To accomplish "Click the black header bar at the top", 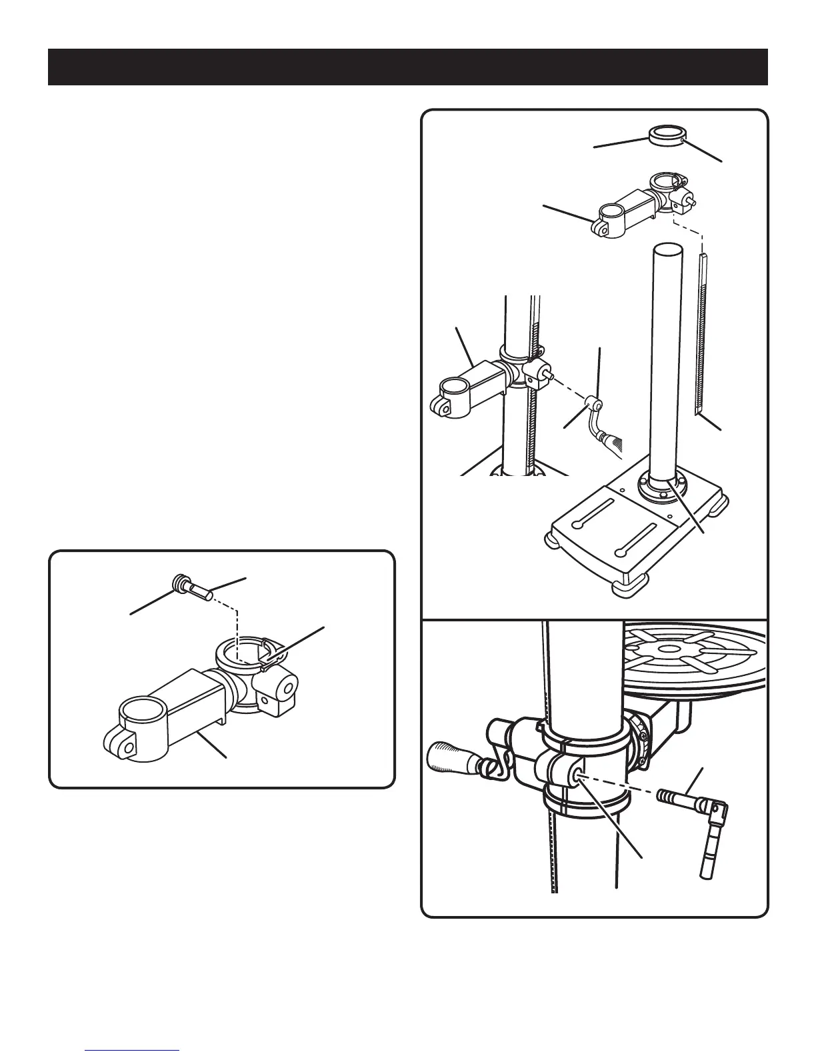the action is tap(407, 67).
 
